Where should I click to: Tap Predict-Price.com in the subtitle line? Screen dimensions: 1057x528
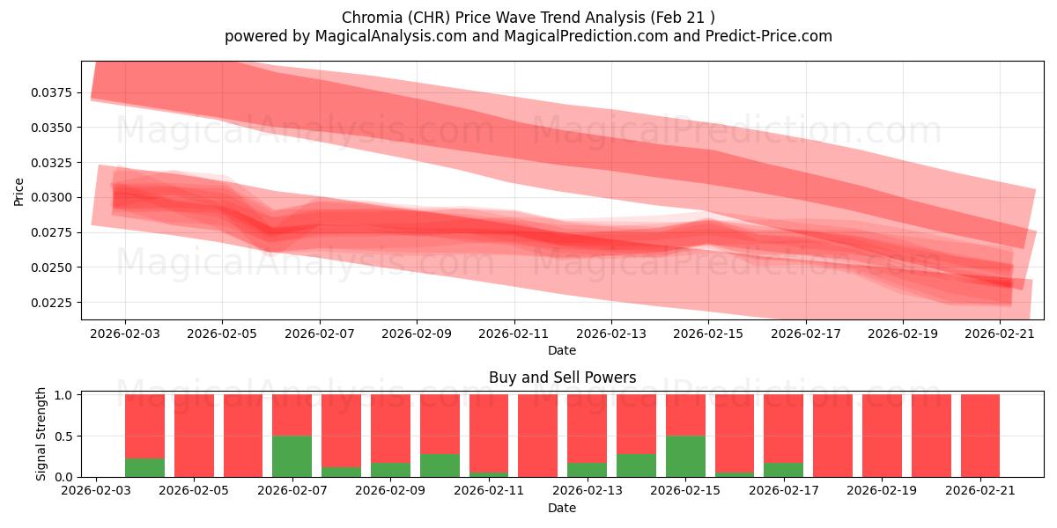pos(769,36)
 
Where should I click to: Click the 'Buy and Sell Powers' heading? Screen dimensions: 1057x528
pos(563,378)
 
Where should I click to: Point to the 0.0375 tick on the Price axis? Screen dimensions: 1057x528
pos(52,92)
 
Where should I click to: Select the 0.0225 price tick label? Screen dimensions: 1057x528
pos(52,303)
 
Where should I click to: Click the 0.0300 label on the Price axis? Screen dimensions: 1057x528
pos(52,197)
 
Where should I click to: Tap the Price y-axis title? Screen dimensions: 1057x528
pos(18,192)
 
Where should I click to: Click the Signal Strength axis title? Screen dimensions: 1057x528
pos(41,434)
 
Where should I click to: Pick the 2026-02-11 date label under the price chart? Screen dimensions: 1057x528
pos(514,334)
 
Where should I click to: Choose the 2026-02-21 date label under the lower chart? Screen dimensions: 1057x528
pos(980,491)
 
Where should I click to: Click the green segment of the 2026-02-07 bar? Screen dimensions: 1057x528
pos(292,457)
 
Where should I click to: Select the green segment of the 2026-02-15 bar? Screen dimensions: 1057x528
pos(685,457)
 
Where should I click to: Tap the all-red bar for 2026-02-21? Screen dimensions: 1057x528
pos(980,436)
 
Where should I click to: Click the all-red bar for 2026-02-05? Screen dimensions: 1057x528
pos(194,436)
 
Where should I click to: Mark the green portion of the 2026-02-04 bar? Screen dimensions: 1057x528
pos(144,467)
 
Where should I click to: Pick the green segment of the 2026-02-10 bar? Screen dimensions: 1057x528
pos(440,466)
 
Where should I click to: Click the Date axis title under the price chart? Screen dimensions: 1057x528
pos(562,351)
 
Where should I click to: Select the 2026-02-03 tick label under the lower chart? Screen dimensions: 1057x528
pos(96,491)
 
